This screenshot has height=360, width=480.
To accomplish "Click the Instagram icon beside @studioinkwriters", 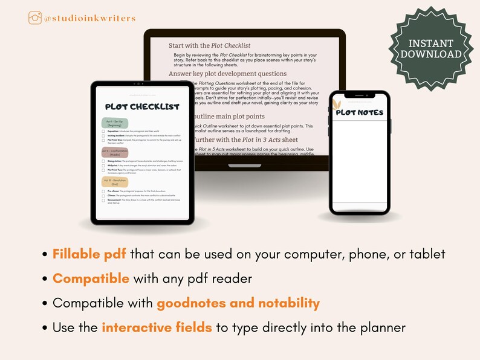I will [35, 18].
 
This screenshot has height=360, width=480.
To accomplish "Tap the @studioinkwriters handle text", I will [89, 19].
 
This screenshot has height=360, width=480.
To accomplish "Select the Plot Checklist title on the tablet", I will [142, 107].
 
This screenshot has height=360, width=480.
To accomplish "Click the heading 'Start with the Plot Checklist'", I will [209, 45].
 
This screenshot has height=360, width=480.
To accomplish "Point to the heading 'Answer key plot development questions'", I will [227, 74].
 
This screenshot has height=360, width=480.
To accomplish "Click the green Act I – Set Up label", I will [115, 122].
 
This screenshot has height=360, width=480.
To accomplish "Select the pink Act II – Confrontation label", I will [115, 152].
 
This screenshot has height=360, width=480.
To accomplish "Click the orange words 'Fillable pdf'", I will [89, 254].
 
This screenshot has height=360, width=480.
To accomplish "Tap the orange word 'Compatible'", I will [91, 278].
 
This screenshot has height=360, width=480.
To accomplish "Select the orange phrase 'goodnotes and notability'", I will [238, 303].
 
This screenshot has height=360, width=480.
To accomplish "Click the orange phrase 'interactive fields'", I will [157, 328].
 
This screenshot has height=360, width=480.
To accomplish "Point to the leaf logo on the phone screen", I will [336, 105].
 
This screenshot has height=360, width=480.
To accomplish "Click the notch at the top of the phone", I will [359, 95].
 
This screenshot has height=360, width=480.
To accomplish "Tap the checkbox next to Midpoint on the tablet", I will [104, 165].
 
